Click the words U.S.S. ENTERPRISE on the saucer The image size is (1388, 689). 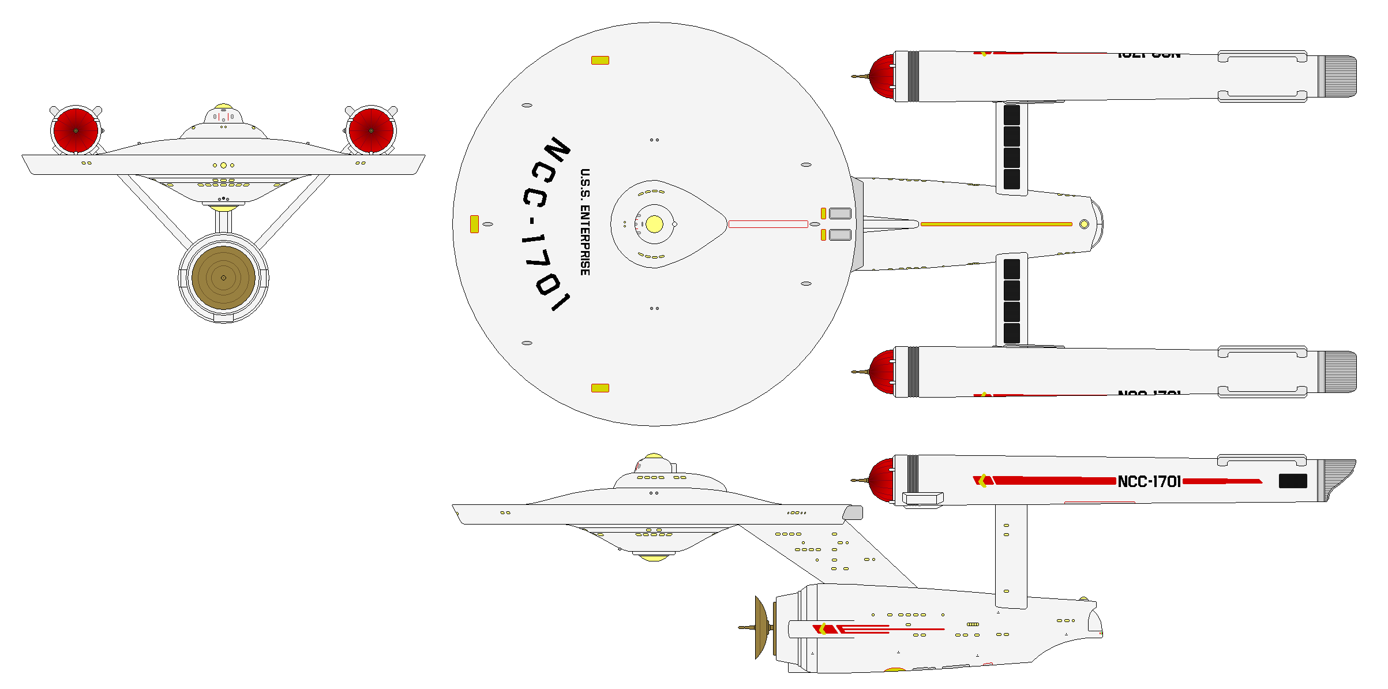pyautogui.click(x=585, y=222)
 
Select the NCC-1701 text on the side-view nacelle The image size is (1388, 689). pyautogui.click(x=1149, y=481)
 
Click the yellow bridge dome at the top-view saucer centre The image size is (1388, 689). pyautogui.click(x=654, y=224)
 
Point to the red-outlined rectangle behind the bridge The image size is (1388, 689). pyautogui.click(x=768, y=224)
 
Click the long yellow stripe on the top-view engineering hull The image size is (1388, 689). pyautogui.click(x=996, y=224)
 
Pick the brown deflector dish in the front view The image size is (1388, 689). pyautogui.click(x=223, y=278)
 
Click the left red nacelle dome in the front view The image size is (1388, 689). pyautogui.click(x=76, y=131)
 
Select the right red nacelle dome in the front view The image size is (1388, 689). pyautogui.click(x=371, y=131)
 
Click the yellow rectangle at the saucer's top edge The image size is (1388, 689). pyautogui.click(x=600, y=60)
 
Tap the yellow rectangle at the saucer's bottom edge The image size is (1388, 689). pyautogui.click(x=600, y=388)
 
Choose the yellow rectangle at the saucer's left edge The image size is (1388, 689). pyautogui.click(x=474, y=224)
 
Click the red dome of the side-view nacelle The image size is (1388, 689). pyautogui.click(x=881, y=480)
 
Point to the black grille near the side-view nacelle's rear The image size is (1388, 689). pyautogui.click(x=1293, y=481)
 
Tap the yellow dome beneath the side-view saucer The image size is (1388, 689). pyautogui.click(x=654, y=557)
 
